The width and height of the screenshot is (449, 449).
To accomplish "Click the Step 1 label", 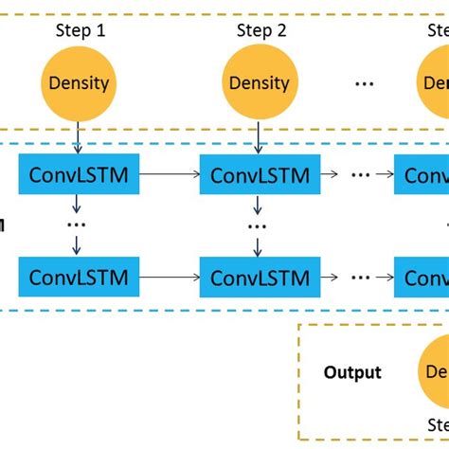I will [78, 31].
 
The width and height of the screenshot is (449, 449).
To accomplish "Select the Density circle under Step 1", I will [78, 82].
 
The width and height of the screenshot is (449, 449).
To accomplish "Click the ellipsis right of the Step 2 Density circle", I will [364, 83].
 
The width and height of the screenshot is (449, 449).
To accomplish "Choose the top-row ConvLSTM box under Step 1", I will [79, 175].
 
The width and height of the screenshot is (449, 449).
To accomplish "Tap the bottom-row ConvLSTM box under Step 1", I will [79, 278].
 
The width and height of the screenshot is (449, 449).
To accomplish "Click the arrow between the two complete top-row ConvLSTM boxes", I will [170, 175].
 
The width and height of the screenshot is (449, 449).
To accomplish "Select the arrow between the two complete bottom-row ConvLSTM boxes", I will [170, 278].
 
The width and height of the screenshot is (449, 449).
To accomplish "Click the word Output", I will [352, 372].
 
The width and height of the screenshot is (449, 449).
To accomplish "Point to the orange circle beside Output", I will [434, 372].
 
